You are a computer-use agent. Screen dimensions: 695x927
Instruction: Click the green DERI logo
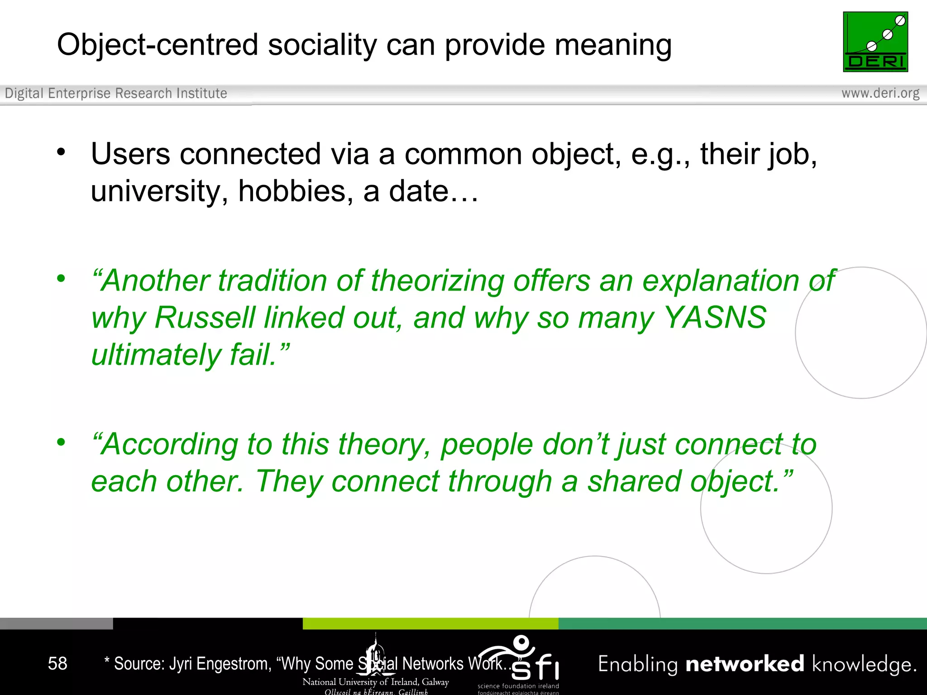[875, 42]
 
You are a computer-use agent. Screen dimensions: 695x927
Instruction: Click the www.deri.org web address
[880, 93]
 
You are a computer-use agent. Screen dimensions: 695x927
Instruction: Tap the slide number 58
[57, 664]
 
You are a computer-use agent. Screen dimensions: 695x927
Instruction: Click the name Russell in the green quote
[205, 318]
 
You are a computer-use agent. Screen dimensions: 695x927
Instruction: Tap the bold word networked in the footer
[745, 664]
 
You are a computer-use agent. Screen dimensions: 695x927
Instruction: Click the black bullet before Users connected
[61, 152]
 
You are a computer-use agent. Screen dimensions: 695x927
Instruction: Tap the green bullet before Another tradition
[61, 279]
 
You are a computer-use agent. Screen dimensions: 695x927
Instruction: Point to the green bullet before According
[61, 442]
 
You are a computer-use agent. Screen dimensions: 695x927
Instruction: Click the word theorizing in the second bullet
[437, 281]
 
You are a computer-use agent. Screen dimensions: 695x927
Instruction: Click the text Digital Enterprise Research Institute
[116, 93]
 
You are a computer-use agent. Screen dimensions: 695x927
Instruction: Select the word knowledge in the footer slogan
[864, 664]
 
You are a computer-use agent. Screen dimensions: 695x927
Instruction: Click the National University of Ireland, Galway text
[376, 682]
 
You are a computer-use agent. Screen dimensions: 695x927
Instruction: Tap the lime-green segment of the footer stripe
[430, 624]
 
